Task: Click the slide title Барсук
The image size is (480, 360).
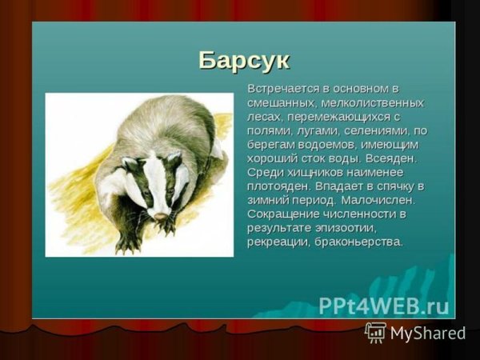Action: coord(243,60)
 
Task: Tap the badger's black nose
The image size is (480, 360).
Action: coord(161,216)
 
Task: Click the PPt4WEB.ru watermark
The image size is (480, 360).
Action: coord(384,306)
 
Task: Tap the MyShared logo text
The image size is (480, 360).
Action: coord(427,333)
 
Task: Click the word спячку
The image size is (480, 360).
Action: coord(393,186)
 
